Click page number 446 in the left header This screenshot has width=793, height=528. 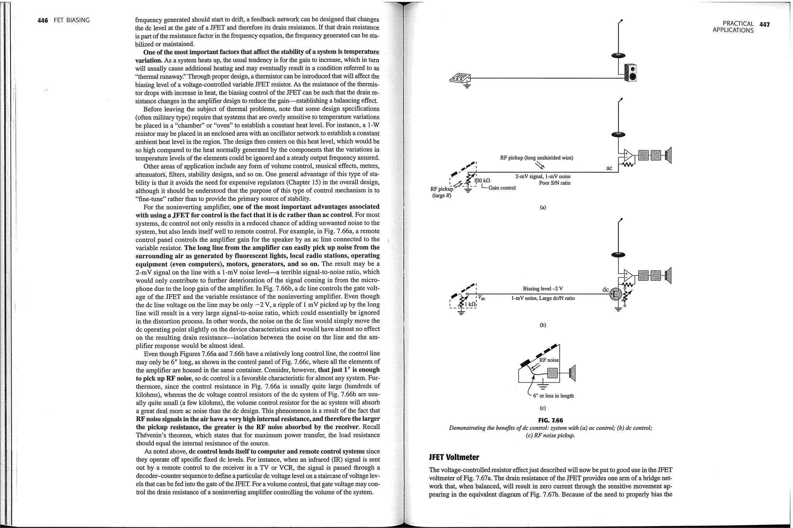click(x=43, y=20)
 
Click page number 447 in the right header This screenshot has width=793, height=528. click(x=764, y=24)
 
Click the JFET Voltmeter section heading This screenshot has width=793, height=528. click(x=454, y=457)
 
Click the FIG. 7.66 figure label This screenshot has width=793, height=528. click(x=550, y=420)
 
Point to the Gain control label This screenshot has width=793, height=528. click(x=502, y=188)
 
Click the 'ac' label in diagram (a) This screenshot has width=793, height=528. click(x=609, y=168)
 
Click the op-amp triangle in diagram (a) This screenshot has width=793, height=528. click(x=628, y=156)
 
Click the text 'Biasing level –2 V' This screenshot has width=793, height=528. click(x=542, y=289)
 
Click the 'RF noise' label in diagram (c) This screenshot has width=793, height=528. click(x=549, y=360)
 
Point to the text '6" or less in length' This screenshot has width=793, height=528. click(x=553, y=396)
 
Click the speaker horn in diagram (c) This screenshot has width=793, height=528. click(x=573, y=373)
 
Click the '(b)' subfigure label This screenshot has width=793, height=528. click(x=542, y=325)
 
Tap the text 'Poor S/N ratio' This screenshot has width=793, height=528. click(x=554, y=183)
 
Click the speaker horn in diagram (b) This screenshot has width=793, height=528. click(x=668, y=275)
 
